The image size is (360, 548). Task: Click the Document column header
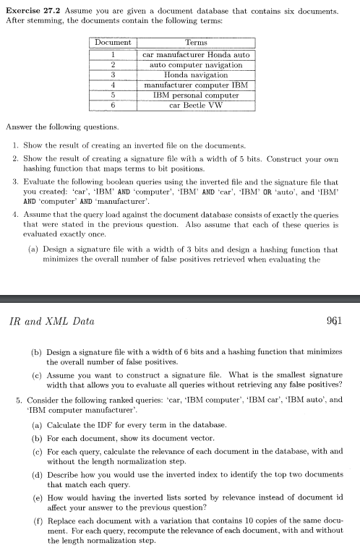coord(113,43)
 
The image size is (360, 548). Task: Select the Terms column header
coord(196,43)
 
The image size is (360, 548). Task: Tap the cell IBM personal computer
coord(196,95)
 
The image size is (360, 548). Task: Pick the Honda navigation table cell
coord(196,74)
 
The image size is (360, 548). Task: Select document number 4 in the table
coord(113,85)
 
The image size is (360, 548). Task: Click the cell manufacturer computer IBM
coord(196,85)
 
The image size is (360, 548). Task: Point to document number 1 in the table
coord(113,54)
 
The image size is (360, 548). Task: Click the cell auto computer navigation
coord(196,64)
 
